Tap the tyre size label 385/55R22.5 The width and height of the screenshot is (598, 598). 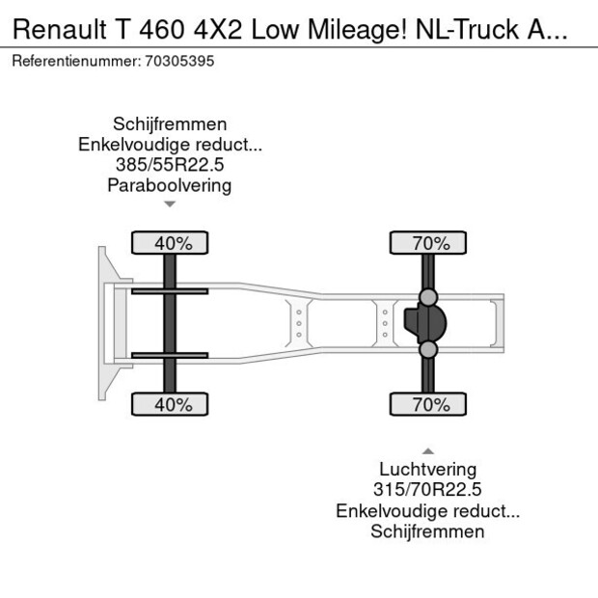tap(170, 165)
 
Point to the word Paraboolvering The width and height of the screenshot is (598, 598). tap(170, 185)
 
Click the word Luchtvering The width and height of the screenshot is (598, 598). tap(427, 470)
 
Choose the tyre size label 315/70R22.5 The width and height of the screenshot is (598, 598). tap(427, 490)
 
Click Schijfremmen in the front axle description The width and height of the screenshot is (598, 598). tap(170, 124)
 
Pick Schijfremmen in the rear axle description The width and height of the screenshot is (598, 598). tap(427, 531)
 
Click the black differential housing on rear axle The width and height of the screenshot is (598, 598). tap(421, 323)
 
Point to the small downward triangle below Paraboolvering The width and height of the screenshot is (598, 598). tap(170, 204)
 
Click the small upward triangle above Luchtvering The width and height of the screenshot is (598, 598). tap(427, 451)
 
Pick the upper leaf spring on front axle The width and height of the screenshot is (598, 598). tap(170, 290)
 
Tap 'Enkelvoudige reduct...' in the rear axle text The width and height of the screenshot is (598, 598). tap(427, 511)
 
